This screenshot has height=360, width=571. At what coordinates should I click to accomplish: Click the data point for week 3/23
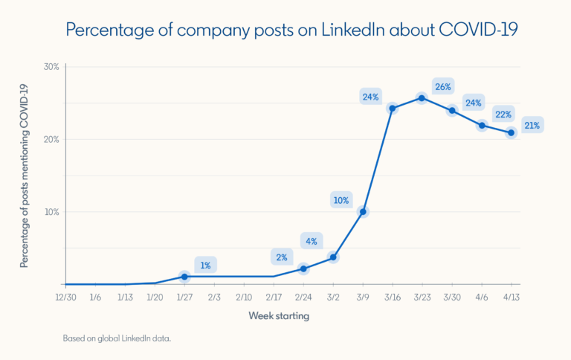(422, 98)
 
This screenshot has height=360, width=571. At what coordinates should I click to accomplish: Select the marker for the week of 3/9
(363, 212)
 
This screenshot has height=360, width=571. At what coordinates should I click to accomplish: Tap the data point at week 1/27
(185, 277)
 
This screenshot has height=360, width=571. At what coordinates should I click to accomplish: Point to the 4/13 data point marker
(512, 133)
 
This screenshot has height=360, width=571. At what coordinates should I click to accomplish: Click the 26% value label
(443, 87)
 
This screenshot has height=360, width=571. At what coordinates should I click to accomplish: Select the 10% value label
(341, 200)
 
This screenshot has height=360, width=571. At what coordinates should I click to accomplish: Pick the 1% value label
(206, 265)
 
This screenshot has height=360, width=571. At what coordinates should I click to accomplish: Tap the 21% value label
(532, 124)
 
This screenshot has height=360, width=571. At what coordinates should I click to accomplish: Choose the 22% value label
(503, 114)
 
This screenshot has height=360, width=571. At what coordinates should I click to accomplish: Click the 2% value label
(282, 257)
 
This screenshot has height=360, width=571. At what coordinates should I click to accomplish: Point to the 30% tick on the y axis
(51, 67)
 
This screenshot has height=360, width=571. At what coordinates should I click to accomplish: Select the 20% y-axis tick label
(51, 139)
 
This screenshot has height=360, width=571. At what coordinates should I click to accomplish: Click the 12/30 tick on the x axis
(65, 296)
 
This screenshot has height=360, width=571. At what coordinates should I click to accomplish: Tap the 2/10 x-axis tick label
(244, 296)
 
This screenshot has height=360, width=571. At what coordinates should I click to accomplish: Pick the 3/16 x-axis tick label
(393, 296)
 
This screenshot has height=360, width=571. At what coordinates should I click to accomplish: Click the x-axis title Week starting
(278, 316)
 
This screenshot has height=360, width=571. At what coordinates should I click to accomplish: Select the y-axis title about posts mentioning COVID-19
(25, 176)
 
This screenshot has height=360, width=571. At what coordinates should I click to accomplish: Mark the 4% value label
(312, 241)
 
